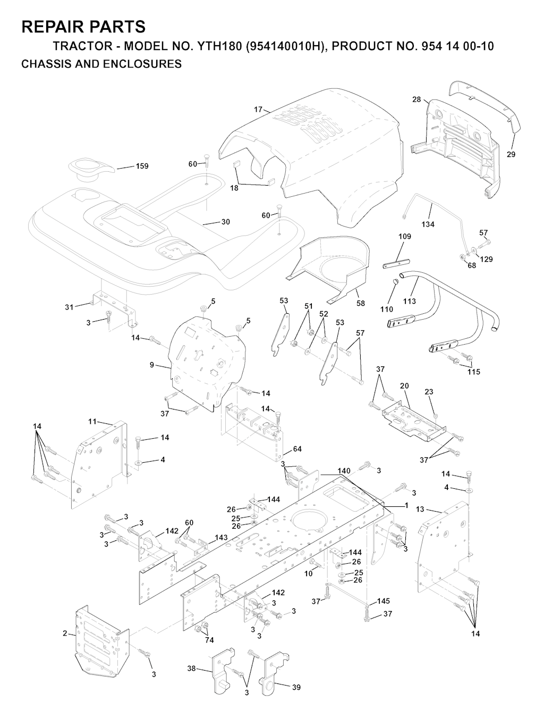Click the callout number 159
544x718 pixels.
pos(142,166)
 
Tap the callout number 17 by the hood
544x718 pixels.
pos(258,110)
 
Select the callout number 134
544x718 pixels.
pos(428,224)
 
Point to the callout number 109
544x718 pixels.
pos(404,236)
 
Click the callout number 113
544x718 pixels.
pos(410,301)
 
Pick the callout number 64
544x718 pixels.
pos(297,449)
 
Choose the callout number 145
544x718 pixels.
pos(384,601)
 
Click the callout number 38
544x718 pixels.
pos(192,669)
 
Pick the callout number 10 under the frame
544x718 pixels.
pos(309,573)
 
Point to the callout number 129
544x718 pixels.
pos(486,259)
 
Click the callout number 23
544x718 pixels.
pos(429,392)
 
